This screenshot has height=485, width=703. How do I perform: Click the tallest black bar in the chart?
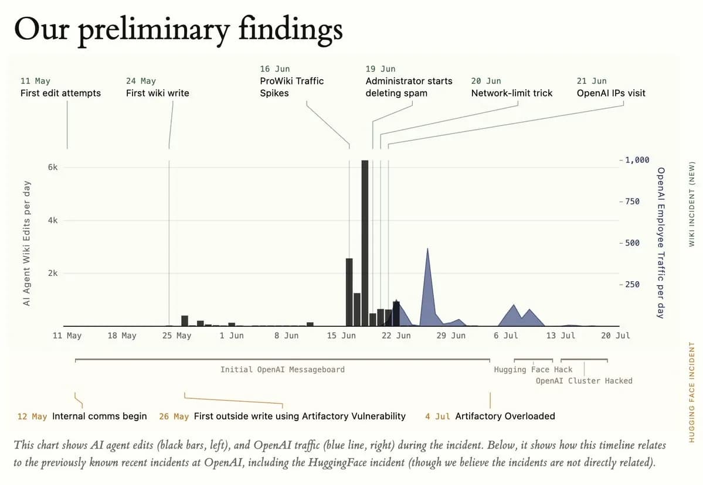click(365, 243)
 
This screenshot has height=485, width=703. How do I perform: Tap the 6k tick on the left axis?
click(53, 168)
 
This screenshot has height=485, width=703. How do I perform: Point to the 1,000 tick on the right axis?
click(637, 160)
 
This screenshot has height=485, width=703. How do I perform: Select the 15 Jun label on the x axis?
click(341, 336)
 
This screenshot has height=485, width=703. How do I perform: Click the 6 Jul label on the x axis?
click(506, 336)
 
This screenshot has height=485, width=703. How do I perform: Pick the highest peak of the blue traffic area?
click(427, 249)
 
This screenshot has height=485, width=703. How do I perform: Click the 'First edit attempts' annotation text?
click(60, 93)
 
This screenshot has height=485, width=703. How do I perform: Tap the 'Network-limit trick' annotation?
click(511, 93)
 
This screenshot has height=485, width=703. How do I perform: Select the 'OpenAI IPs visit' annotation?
click(611, 93)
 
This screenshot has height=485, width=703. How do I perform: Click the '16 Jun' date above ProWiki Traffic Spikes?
click(275, 69)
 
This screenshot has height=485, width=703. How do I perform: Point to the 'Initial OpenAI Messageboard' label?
click(283, 370)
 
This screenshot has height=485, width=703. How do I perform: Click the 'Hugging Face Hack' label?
click(533, 370)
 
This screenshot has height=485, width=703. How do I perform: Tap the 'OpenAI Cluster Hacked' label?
click(584, 381)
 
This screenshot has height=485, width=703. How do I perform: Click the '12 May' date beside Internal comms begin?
click(32, 416)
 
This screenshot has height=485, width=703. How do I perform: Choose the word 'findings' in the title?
click(291, 29)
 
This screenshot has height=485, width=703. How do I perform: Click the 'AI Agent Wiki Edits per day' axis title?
click(27, 243)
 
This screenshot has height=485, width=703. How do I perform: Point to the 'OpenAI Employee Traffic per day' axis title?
click(661, 243)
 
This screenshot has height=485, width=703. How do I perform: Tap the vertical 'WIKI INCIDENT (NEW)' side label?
click(692, 204)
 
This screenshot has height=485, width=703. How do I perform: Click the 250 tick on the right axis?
click(633, 284)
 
